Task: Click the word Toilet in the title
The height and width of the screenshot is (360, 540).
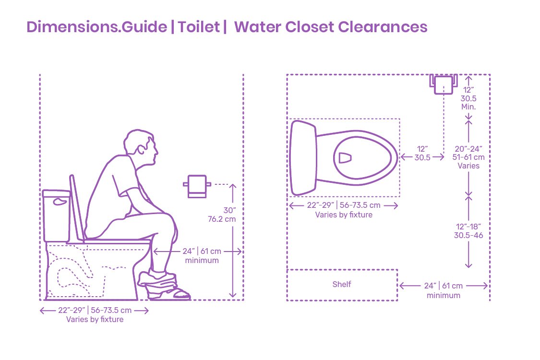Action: pos(199,27)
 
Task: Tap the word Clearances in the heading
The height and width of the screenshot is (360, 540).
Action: pos(383,27)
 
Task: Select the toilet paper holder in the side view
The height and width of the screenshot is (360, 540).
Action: pos(197,186)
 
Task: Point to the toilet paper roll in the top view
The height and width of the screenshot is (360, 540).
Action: pos(444,84)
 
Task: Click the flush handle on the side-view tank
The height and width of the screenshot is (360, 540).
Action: pos(60,202)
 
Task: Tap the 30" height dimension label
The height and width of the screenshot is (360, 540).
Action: pos(230,210)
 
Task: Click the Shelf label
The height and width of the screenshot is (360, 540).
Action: pos(342,284)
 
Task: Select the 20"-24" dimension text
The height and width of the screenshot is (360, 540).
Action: pos(468,149)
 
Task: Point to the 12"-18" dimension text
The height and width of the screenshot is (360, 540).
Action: pos(468,227)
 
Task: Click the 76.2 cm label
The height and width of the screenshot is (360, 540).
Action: pos(222,219)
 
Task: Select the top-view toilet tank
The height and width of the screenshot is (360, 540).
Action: pos(303,158)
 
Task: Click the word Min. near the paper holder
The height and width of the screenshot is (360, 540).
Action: pos(468,107)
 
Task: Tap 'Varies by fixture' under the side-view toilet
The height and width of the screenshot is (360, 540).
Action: pos(95,319)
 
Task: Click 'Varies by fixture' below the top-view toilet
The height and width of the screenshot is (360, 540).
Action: pos(344,215)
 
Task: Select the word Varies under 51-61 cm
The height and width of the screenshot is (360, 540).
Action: pos(468,166)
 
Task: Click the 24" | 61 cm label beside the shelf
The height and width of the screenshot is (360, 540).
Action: pos(443,286)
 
